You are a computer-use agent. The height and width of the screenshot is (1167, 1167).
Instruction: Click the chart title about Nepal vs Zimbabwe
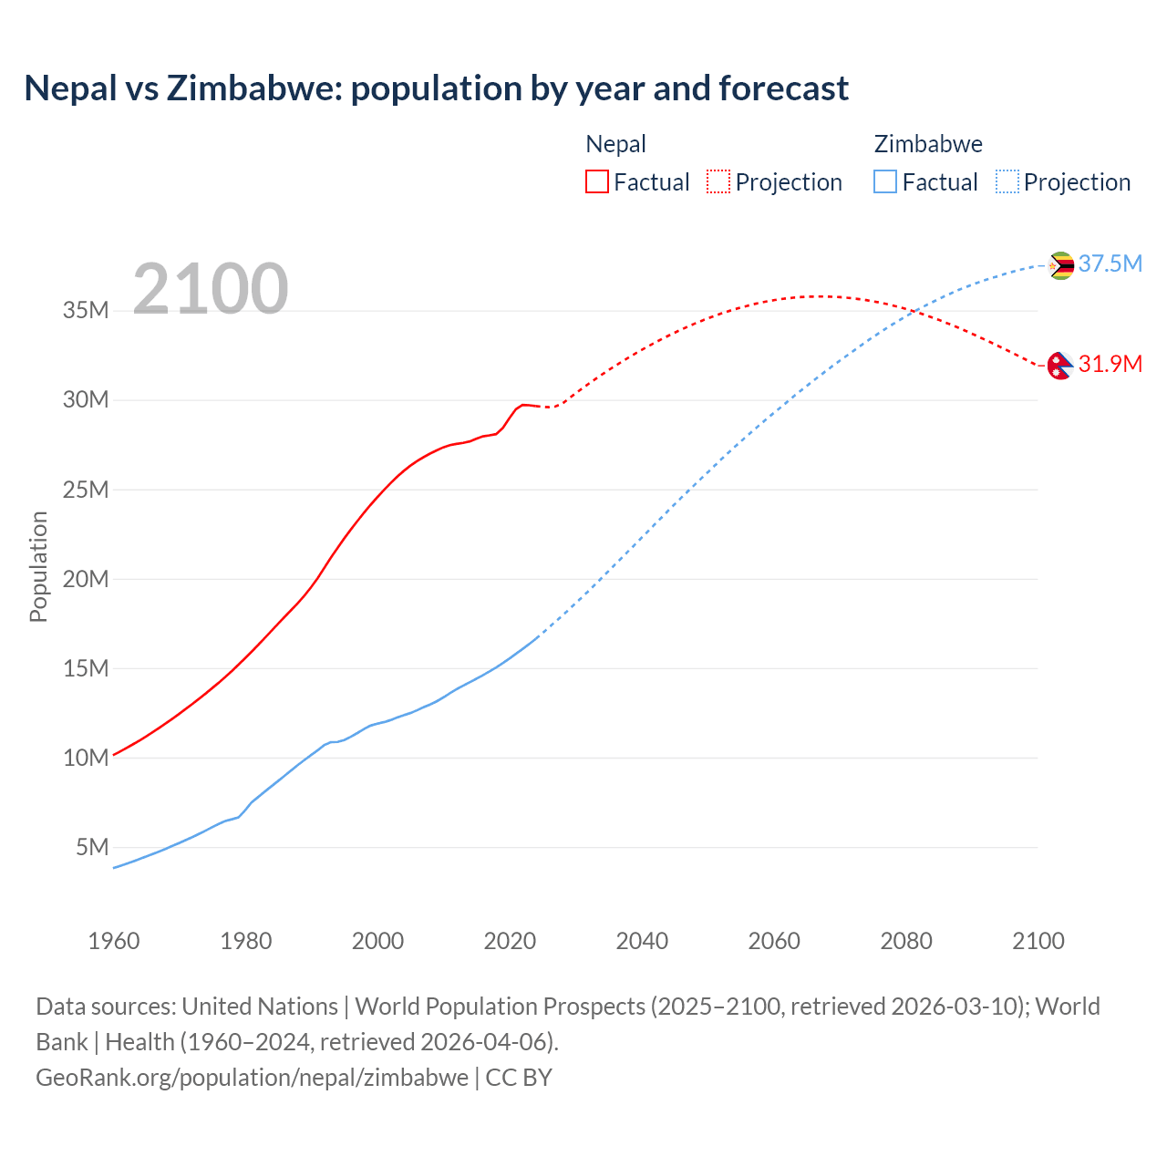click(436, 88)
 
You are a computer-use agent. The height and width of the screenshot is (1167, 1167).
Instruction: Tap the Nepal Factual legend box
click(596, 181)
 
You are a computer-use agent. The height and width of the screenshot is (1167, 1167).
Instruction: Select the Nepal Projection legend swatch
click(718, 181)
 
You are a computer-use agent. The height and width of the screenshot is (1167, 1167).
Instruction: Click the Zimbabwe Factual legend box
click(884, 181)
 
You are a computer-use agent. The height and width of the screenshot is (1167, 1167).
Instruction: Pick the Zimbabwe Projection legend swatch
click(1007, 181)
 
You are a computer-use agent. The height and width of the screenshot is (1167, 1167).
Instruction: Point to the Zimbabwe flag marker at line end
click(1060, 265)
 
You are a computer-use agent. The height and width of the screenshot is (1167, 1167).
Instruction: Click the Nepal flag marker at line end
click(1059, 366)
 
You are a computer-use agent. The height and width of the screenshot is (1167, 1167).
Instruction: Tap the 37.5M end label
click(1110, 263)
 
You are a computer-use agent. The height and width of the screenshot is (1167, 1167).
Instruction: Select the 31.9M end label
click(1110, 364)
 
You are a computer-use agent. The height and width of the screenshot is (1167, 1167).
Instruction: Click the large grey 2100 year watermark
click(211, 289)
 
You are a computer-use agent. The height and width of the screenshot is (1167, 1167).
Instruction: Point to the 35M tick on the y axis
click(86, 310)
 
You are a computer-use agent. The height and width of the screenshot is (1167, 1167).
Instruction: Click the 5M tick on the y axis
click(92, 847)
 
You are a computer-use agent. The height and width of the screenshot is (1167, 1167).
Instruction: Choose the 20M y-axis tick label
click(86, 579)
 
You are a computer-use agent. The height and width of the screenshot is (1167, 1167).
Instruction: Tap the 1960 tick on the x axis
click(114, 941)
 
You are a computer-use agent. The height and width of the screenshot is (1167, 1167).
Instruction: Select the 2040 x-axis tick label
click(642, 941)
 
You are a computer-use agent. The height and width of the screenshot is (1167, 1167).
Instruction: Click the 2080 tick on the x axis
click(906, 941)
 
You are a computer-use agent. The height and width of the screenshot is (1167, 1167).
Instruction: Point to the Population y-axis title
click(38, 566)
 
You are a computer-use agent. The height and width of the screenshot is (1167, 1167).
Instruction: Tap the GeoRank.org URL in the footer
click(252, 1078)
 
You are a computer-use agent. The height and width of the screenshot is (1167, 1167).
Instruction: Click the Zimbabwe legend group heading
click(928, 144)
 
